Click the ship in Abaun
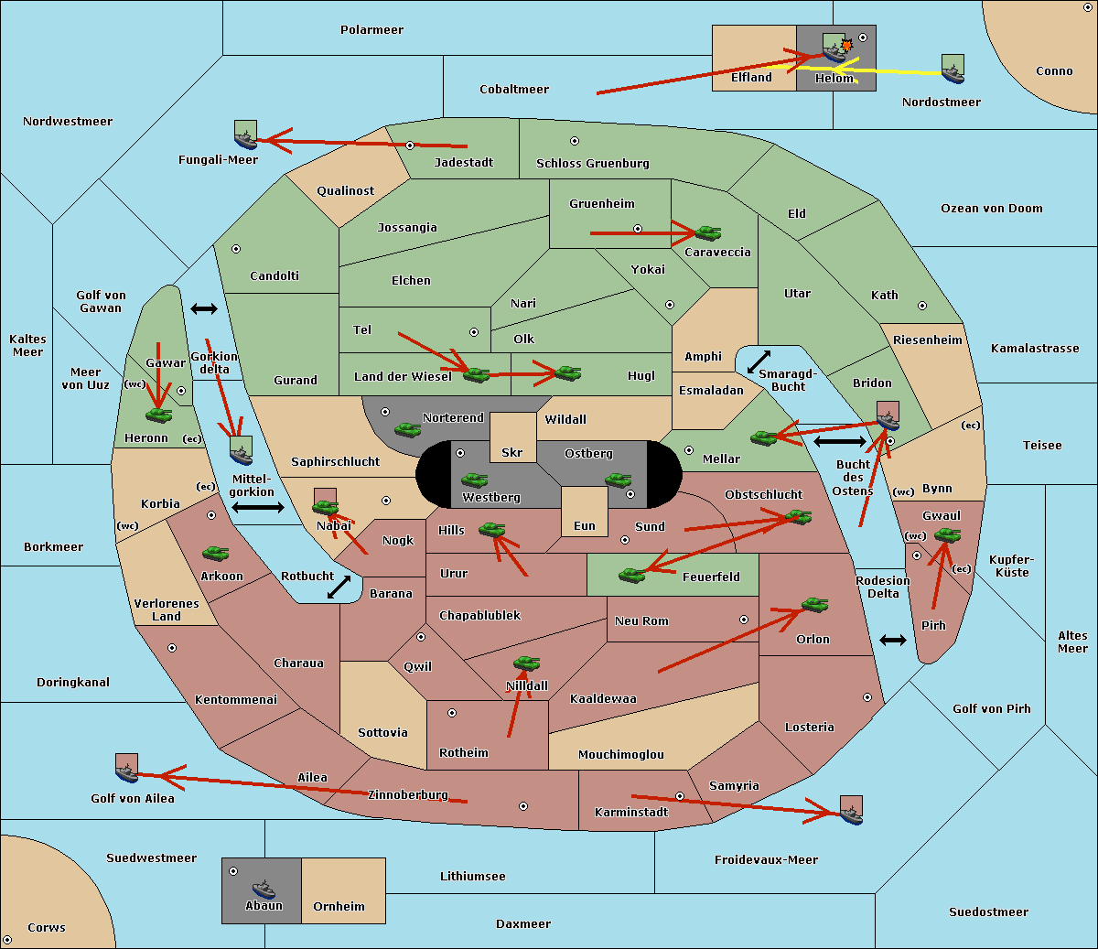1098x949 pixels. [264, 890]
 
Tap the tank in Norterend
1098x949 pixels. [407, 429]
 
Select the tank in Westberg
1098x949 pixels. [474, 480]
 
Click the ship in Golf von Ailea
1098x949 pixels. [127, 769]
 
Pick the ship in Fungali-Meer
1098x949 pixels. [245, 135]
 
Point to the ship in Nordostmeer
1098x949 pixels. [953, 69]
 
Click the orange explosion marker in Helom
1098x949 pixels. [846, 45]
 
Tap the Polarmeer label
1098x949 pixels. [371, 30]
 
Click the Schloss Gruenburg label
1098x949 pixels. [593, 163]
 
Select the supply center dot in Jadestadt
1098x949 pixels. [410, 146]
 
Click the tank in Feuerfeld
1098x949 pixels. [632, 576]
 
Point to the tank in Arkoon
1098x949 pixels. [216, 554]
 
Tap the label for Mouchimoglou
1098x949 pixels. [621, 754]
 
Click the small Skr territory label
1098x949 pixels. [512, 452]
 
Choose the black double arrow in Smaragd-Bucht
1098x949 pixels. [759, 361]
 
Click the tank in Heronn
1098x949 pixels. [159, 415]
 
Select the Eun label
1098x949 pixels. [585, 525]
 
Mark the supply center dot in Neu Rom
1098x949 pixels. [744, 620]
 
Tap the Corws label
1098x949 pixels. [47, 927]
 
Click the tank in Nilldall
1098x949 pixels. [526, 663]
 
